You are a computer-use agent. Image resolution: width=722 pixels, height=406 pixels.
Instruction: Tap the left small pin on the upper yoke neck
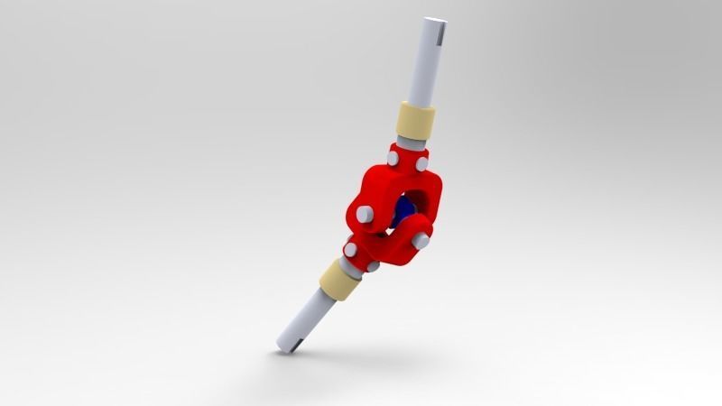point(393,159)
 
